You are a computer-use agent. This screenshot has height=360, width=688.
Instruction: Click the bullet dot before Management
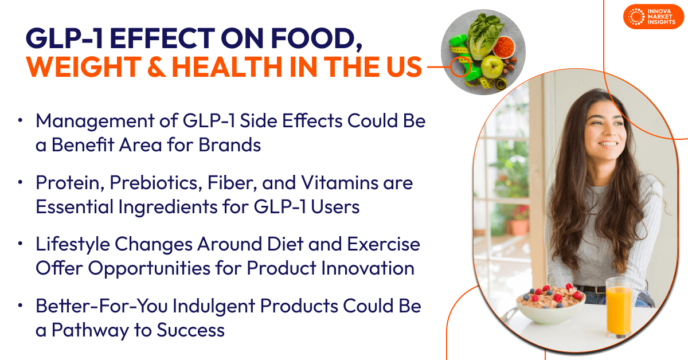coord(21,122)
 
